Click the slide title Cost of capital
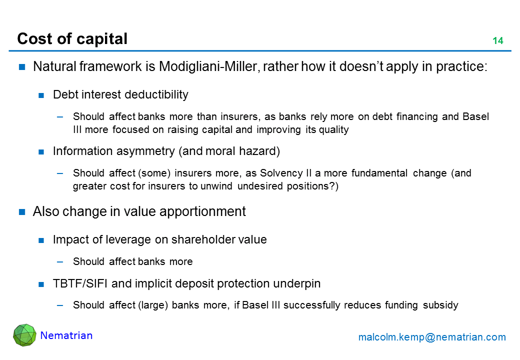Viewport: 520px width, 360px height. [72, 39]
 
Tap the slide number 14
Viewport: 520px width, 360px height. [497, 41]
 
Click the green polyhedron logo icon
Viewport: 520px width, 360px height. [24, 335]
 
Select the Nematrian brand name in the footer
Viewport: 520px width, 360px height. [66, 335]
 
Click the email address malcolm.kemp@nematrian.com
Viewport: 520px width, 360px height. [432, 337]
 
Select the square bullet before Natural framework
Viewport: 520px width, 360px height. [22, 67]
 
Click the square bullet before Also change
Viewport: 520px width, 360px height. [22, 211]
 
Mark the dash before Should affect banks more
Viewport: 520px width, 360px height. [60, 261]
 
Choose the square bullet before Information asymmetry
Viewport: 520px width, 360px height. [42, 151]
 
